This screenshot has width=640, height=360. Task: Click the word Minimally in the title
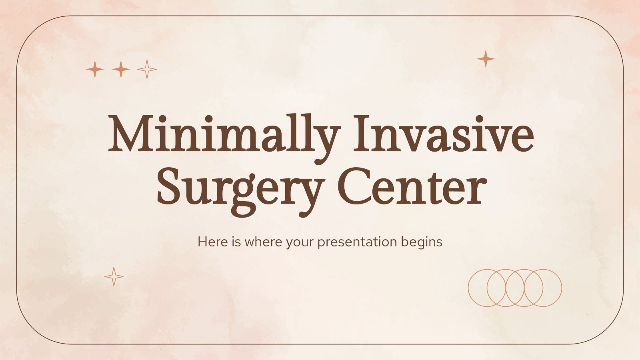(224, 134)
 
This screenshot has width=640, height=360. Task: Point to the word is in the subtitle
(236, 242)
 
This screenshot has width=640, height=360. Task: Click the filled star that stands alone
(486, 59)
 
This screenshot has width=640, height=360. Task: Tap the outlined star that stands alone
(114, 276)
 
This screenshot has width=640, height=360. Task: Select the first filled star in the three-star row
(95, 70)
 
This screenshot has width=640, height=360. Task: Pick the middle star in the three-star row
(121, 70)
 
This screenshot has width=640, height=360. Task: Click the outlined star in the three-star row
(147, 70)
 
